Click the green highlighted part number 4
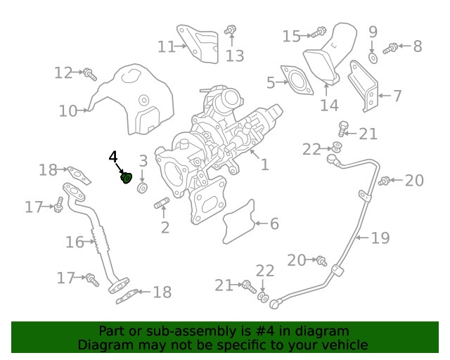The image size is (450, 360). coord(127,178)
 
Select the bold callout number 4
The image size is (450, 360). coord(113,157)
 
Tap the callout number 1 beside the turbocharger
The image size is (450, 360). coord(264,165)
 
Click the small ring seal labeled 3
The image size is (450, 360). coord(142,188)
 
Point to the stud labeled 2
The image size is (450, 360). coord(162,203)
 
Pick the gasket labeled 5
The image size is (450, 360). coord(297,80)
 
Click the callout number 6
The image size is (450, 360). coord(274,224)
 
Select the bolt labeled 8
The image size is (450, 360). coord(390,49)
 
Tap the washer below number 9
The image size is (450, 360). coord(373,58)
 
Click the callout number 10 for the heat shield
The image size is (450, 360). coord(68,111)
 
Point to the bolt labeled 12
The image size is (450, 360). coord(90,75)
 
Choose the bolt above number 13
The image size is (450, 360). coord(231,30)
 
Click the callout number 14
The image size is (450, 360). coord(329,105)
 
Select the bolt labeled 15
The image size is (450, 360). coord(319,32)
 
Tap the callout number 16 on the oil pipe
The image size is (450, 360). coord(75,242)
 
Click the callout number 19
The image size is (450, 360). coord(380,238)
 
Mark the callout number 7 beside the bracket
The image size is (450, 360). coord(397,96)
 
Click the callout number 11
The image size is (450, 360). coord(167,46)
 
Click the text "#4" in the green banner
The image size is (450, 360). coord(264,331)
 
